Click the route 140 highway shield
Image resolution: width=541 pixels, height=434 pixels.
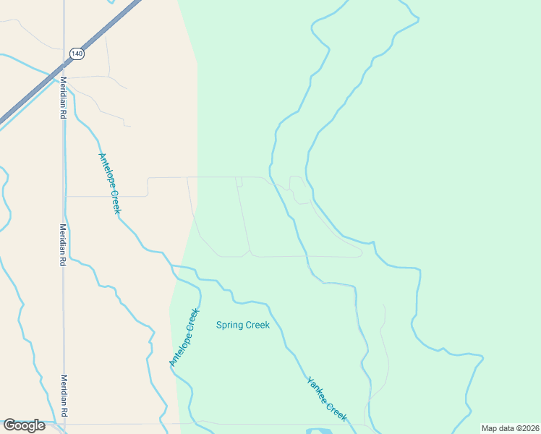[76, 54]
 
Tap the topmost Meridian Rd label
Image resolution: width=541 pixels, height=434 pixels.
[64, 98]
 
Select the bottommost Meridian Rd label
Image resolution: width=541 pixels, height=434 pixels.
[64, 395]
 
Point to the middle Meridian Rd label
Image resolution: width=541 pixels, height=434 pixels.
[64, 245]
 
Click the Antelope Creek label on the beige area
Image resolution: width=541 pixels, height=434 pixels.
[109, 183]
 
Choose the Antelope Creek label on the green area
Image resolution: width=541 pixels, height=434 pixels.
[183, 338]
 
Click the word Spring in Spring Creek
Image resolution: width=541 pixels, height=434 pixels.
[229, 325]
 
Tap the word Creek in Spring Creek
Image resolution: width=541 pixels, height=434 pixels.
[257, 325]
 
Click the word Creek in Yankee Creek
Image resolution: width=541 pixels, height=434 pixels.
[336, 412]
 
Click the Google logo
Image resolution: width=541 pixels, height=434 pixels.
[24, 425]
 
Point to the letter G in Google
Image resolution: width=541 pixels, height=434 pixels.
[9, 425]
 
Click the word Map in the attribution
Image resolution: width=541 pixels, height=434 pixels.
[490, 428]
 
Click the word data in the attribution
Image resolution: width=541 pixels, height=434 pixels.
[508, 428]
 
